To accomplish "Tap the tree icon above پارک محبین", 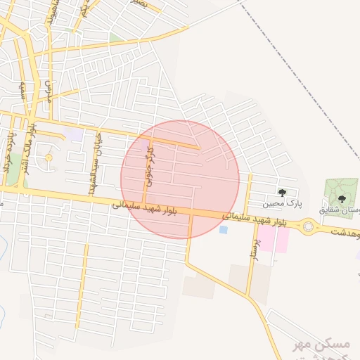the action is coord(283,192).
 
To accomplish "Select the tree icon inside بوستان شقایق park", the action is coord(342,198).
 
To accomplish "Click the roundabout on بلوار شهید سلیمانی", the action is coord(309,226).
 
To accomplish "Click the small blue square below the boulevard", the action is coord(224,229).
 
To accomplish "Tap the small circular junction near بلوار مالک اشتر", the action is coord(49,157).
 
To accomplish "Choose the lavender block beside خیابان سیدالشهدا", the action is coord(72,134).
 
